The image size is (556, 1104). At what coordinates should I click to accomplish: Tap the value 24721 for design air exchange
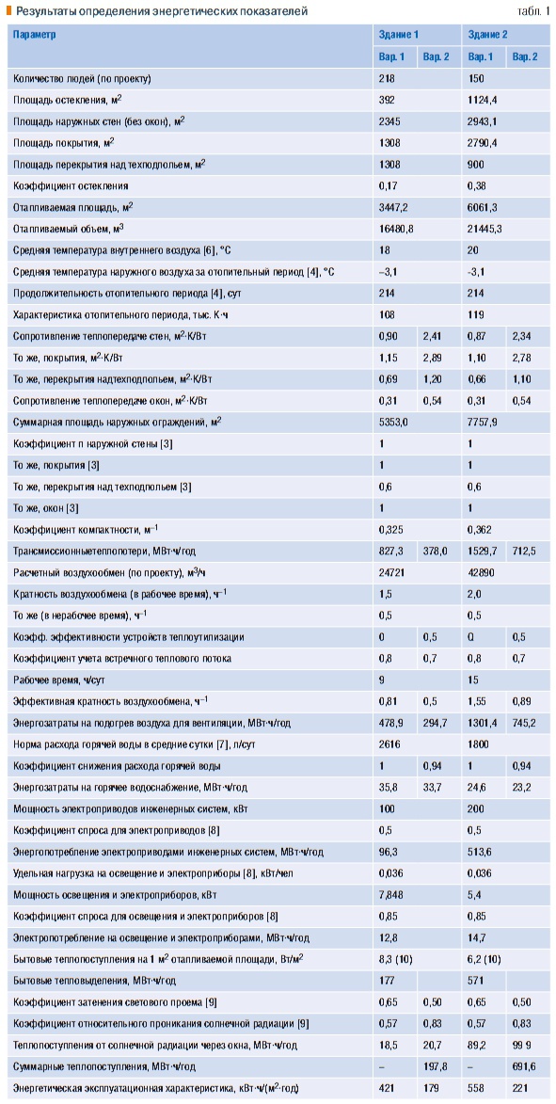click(x=391, y=572)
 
